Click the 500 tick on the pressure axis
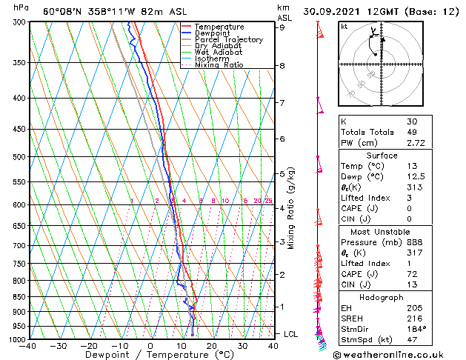pyautogui.click(x=20, y=157)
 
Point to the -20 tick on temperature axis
pyautogui.click(x=89, y=346)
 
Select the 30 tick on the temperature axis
pyautogui.click(x=243, y=346)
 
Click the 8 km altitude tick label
pyautogui.click(x=282, y=66)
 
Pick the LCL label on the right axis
pyautogui.click(x=290, y=334)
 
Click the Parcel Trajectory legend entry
pyautogui.click(x=228, y=40)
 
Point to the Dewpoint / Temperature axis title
pyautogui.click(x=150, y=355)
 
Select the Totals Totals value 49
pyautogui.click(x=413, y=132)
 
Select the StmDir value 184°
pyautogui.click(x=416, y=328)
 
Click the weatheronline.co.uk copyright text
pyautogui.click(x=397, y=353)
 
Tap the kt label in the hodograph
pyautogui.click(x=344, y=26)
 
